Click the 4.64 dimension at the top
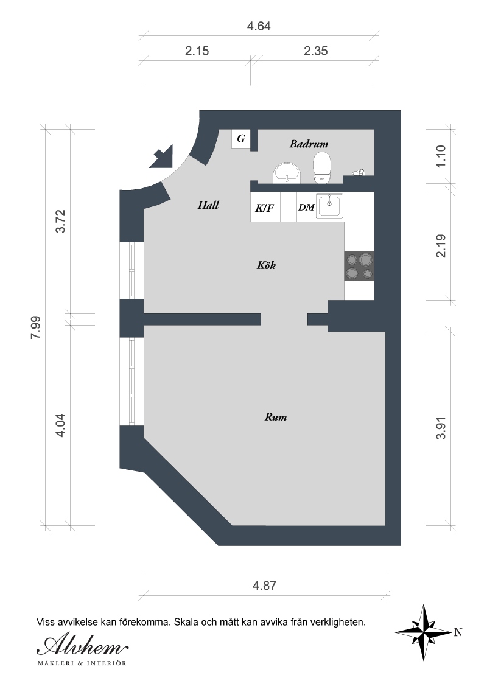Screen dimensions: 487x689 tap(259, 26)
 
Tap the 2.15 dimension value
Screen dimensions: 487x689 tap(197, 51)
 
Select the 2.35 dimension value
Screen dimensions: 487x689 tap(315, 51)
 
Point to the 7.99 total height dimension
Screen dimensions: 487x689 tap(35, 327)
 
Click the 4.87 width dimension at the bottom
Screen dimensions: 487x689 tap(264, 586)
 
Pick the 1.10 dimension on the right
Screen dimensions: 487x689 tap(441, 156)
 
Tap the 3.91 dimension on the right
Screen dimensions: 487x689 tap(441, 428)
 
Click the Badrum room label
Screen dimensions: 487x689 tap(309, 144)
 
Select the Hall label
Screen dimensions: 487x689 tap(208, 205)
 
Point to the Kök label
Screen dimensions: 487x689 tap(267, 265)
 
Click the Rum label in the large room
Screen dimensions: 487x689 tap(276, 416)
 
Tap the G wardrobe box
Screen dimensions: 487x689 tap(241, 139)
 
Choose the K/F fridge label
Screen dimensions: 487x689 tap(264, 208)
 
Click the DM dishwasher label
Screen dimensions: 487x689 tap(306, 207)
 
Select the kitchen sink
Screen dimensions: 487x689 tap(330, 206)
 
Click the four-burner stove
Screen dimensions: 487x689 tap(359, 266)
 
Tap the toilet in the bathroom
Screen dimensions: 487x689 tap(322, 167)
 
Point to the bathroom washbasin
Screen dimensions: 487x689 tap(287, 173)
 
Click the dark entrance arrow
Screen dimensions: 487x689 tap(161, 156)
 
